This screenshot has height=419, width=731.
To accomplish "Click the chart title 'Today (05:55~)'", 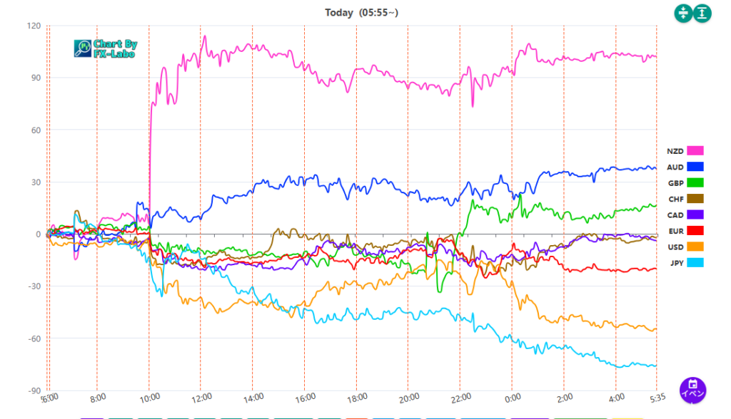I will pos(362,12).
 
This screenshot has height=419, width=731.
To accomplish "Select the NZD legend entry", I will pos(685,151).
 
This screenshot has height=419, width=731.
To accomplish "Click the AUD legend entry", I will pos(685,167).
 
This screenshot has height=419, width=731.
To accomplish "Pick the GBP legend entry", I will pos(685,183).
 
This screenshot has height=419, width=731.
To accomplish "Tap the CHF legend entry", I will pos(685,199).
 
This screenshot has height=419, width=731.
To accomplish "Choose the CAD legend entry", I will pos(685,214).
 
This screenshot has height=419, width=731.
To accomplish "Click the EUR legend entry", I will pos(685,231).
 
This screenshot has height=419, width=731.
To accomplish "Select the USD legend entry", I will pos(685,247).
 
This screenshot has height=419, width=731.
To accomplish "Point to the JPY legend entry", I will pos(685,263).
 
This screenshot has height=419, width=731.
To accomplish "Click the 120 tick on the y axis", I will pos(33,26).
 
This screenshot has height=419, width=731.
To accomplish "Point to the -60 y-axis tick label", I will pos(32,338).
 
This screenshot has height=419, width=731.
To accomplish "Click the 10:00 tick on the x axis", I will pos(151,398).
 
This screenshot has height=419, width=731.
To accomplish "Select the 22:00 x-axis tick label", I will pos(461,398).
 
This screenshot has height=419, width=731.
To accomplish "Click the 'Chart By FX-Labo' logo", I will pos(106,48).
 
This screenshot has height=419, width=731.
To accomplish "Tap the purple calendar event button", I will pos(692,389).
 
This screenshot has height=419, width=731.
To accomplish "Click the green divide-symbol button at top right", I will pos(683,13).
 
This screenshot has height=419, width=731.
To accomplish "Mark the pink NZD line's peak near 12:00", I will pos(204,36).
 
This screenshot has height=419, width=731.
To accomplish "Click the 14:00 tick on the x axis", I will pos(254,398).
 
